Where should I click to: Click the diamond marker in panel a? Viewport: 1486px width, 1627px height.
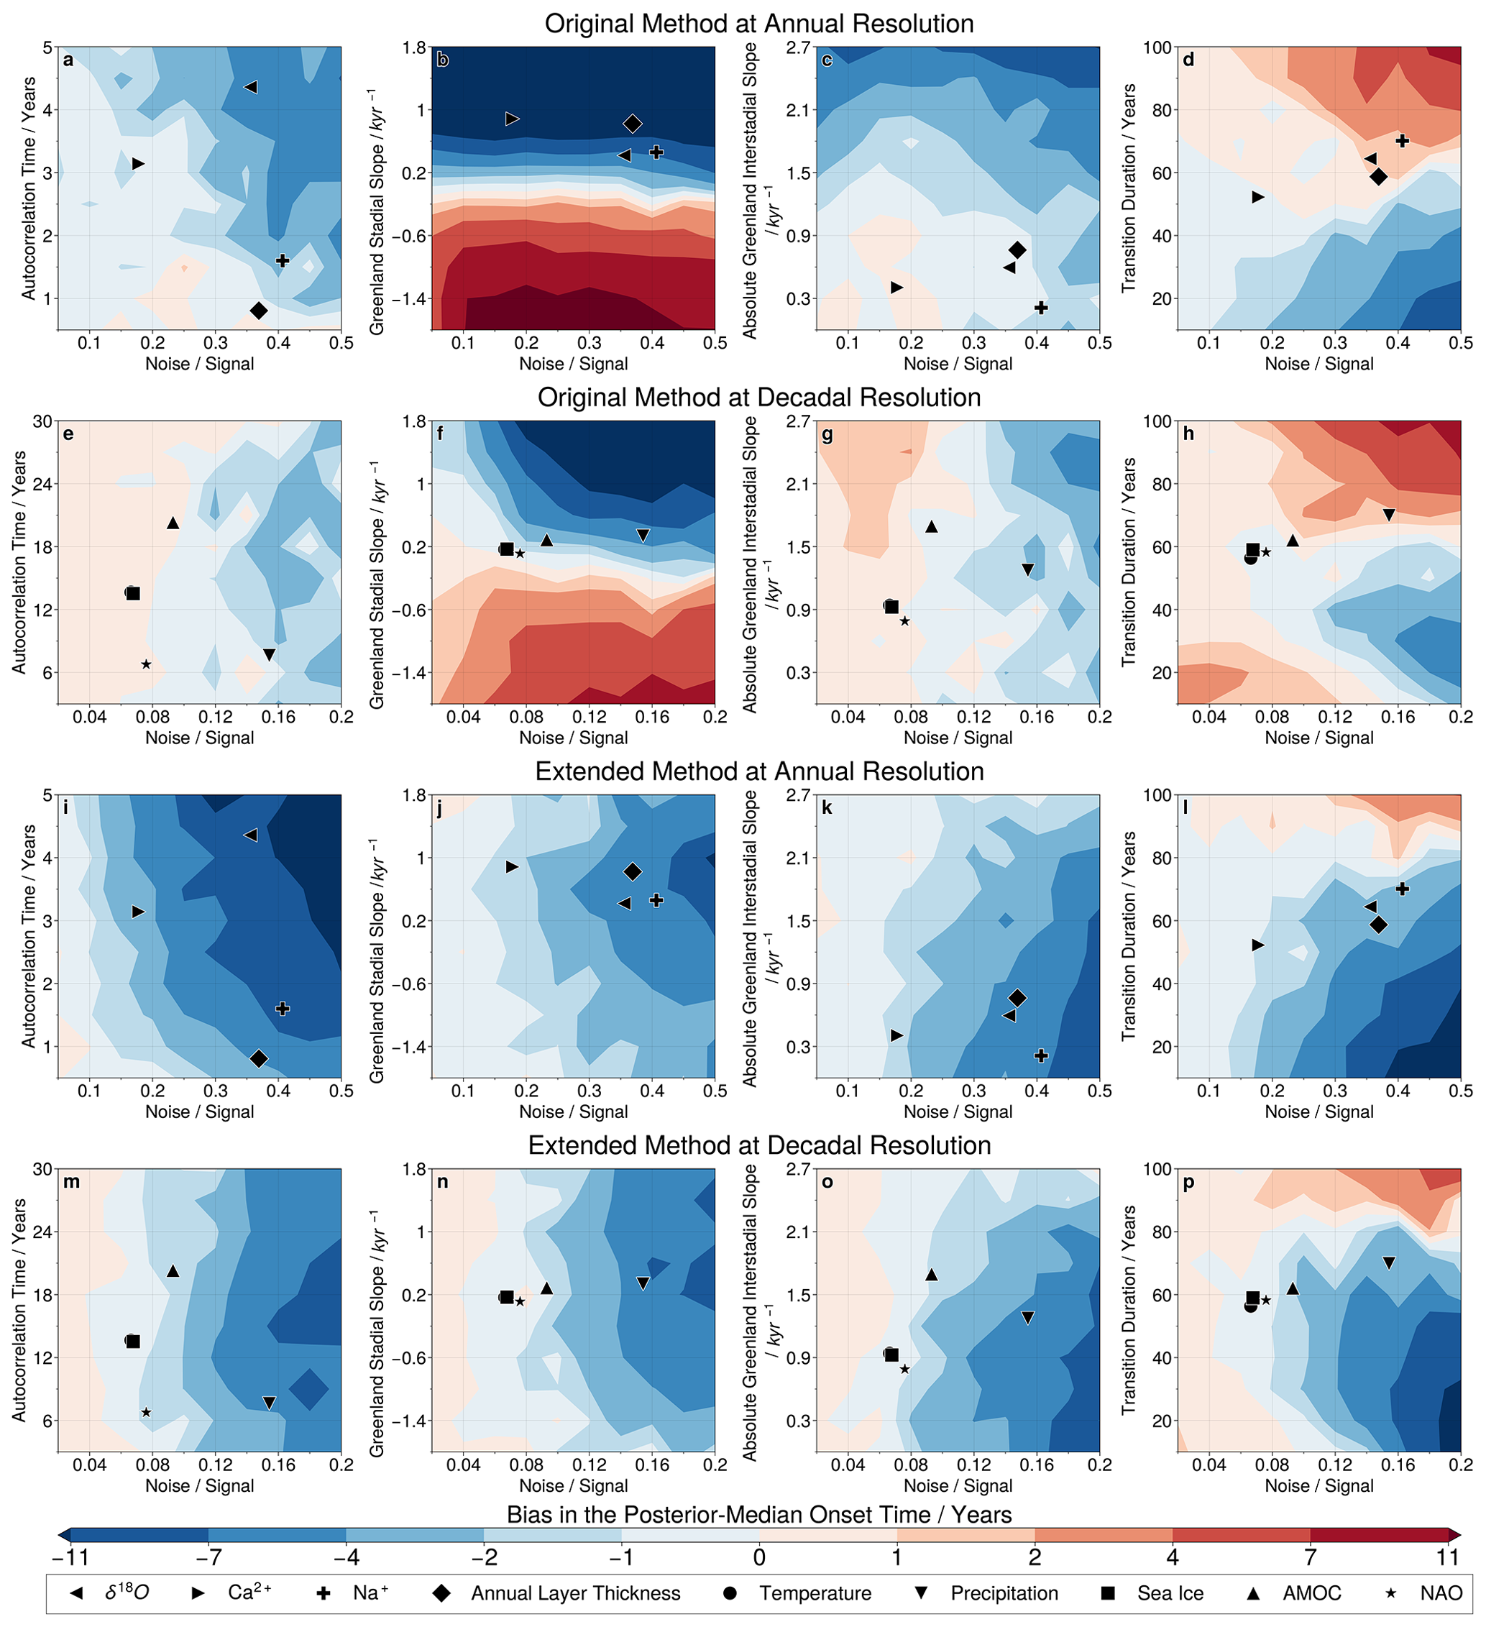(x=258, y=311)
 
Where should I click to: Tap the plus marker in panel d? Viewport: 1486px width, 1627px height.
(x=1402, y=141)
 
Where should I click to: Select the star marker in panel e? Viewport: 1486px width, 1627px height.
(x=146, y=664)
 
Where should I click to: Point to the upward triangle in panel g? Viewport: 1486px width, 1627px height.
(x=931, y=526)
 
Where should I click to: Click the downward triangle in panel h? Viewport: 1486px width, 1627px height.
(x=1388, y=515)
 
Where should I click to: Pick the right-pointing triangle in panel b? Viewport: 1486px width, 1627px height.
(x=512, y=119)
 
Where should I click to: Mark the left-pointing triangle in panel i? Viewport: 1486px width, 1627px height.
(x=251, y=835)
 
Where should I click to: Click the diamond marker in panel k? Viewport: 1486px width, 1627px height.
(x=1017, y=999)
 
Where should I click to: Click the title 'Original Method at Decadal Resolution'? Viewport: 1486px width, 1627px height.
(x=758, y=398)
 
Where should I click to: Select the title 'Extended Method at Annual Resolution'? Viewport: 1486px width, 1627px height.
(x=758, y=771)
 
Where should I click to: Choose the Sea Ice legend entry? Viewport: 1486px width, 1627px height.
(x=1170, y=1593)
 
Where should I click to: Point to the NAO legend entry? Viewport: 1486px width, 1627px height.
(x=1441, y=1593)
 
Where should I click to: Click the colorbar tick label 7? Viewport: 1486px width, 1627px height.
(x=1310, y=1557)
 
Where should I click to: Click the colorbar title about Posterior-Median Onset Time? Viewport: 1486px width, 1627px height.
(x=758, y=1515)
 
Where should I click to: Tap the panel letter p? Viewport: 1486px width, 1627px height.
(x=1188, y=1182)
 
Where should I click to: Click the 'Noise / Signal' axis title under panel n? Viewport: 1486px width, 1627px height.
(x=573, y=1486)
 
